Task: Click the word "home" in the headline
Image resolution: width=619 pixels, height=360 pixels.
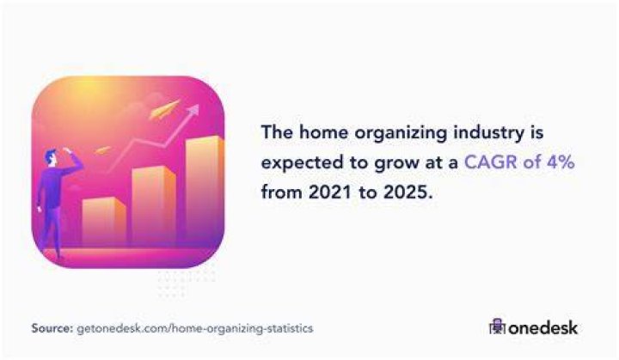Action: tap(323, 131)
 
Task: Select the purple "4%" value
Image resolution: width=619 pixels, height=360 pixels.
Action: tap(561, 162)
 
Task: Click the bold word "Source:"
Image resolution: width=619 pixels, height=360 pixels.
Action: tap(52, 328)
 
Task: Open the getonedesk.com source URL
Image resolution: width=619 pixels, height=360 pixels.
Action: tap(194, 328)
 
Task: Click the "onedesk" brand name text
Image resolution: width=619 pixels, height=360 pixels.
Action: tap(542, 328)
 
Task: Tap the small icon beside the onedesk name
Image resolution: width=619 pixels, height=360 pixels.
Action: tap(497, 326)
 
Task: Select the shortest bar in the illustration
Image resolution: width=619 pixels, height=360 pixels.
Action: tap(104, 221)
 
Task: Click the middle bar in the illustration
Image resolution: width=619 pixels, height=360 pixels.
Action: tap(154, 206)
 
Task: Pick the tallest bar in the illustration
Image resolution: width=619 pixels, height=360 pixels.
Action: tap(204, 190)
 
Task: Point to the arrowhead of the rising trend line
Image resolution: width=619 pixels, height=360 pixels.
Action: tap(193, 110)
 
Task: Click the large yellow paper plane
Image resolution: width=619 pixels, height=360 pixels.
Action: tap(163, 109)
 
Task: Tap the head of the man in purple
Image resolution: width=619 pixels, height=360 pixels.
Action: tap(52, 158)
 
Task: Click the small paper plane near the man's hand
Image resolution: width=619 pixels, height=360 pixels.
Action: tap(102, 150)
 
